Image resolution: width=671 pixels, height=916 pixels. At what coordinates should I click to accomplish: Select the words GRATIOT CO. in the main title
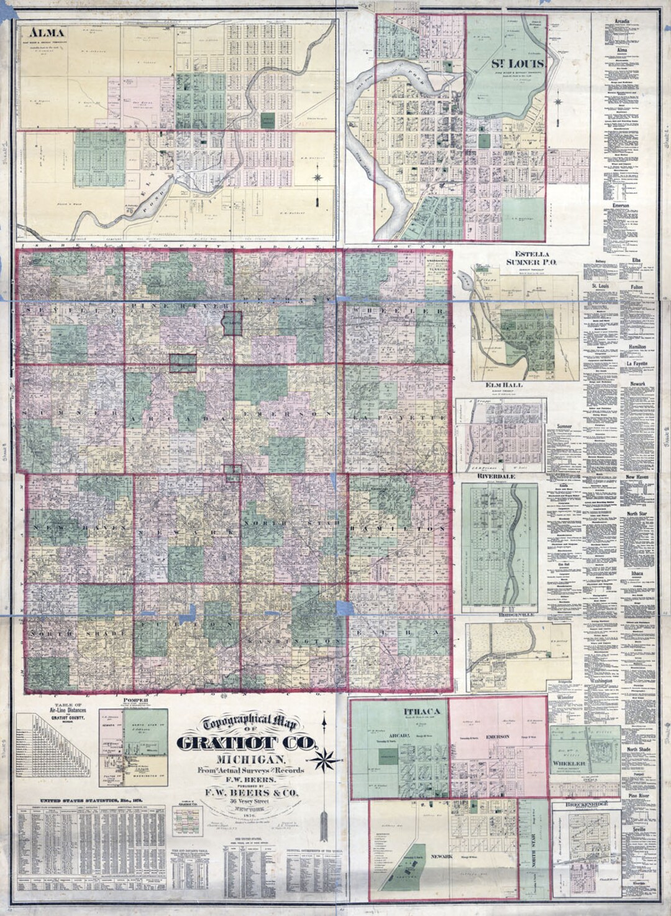point(247,743)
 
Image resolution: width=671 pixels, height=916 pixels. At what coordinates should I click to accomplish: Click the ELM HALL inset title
point(504,385)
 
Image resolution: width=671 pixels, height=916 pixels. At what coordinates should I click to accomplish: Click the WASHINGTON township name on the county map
point(294,641)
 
